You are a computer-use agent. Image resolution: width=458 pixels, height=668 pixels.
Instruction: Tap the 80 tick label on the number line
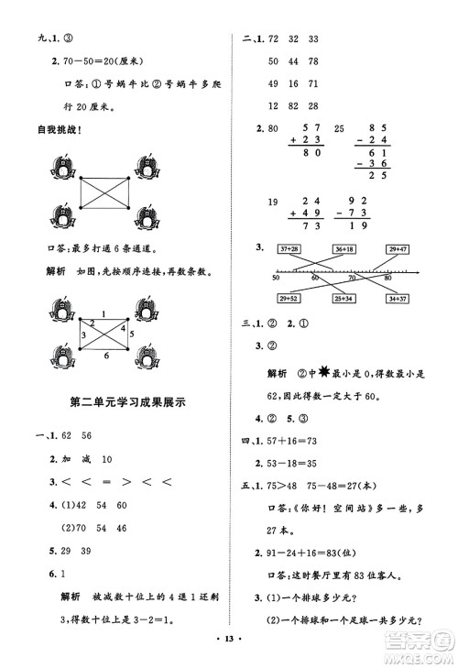click(388, 278)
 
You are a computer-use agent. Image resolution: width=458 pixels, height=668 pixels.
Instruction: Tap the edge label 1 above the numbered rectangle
click(103, 314)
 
